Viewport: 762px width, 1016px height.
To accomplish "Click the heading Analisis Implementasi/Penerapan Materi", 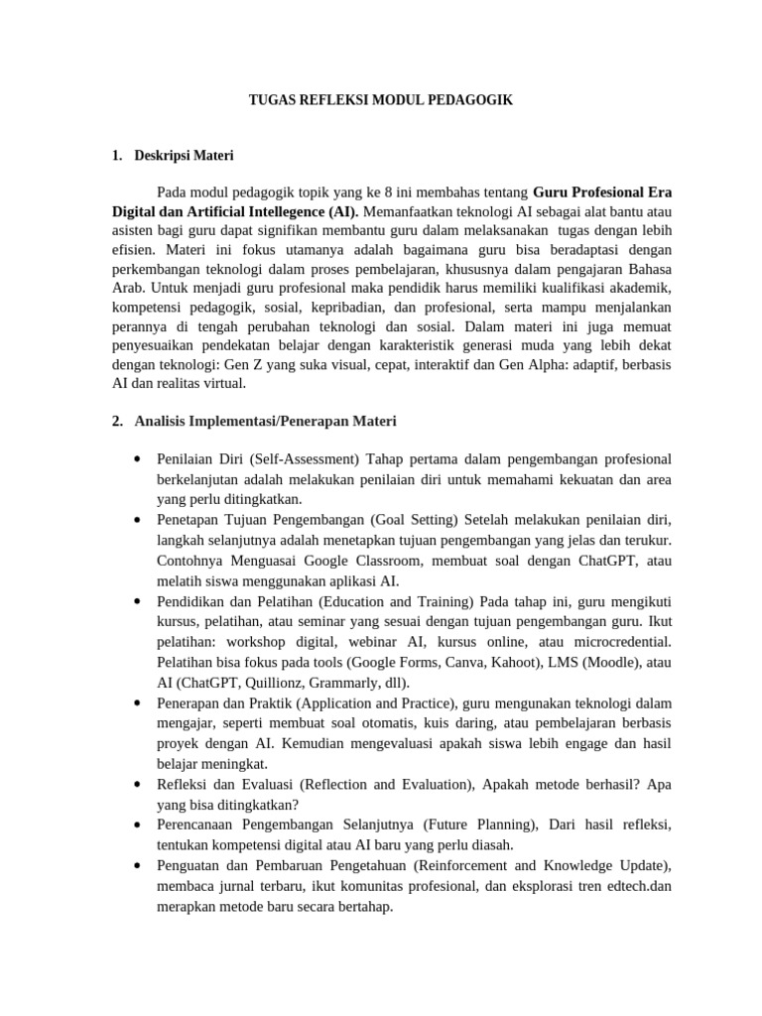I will coord(265,422).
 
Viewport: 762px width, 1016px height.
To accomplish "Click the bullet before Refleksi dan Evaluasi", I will coord(136,784).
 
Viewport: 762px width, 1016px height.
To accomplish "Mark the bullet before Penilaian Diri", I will coord(136,459).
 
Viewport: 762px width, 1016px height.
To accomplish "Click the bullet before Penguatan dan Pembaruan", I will coord(136,865).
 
